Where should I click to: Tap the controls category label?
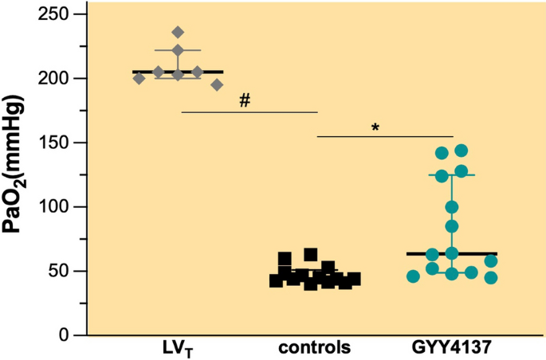(316, 349)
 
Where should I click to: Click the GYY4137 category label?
(450, 349)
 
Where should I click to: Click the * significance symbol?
(375, 127)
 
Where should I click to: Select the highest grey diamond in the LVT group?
(178, 33)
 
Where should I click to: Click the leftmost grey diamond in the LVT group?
(139, 78)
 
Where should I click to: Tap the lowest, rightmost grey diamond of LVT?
(217, 85)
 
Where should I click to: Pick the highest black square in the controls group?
(310, 254)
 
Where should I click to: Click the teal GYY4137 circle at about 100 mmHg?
(451, 207)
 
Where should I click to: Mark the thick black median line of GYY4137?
(451, 253)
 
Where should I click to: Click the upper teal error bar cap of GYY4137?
(451, 174)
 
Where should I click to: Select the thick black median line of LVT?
(178, 72)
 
